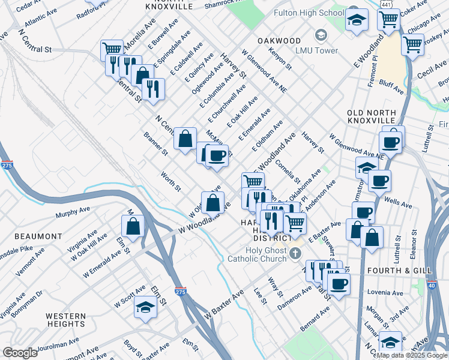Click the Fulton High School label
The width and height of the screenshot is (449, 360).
309,13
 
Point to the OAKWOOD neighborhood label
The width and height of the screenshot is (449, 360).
279,40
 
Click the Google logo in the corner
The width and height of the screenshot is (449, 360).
20,353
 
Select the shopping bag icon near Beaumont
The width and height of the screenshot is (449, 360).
133,226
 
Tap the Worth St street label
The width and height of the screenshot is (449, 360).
170,182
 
